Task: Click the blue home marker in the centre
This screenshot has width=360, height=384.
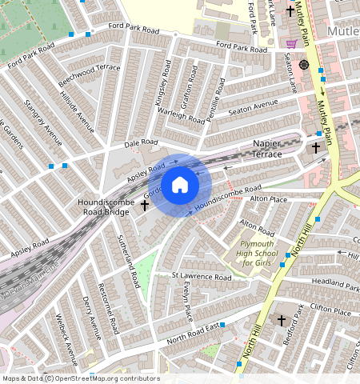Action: pos(180,186)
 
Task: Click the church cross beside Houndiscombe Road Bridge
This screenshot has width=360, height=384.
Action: pos(145,206)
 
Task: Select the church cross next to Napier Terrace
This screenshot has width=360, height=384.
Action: pos(315,148)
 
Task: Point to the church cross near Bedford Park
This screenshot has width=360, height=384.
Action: pos(281,320)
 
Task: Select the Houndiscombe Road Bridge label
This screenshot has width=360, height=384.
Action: pos(103,208)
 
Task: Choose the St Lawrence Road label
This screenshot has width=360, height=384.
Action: pos(202,277)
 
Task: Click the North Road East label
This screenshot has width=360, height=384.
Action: pos(193,331)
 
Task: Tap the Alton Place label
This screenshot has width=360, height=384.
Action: pos(267,198)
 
